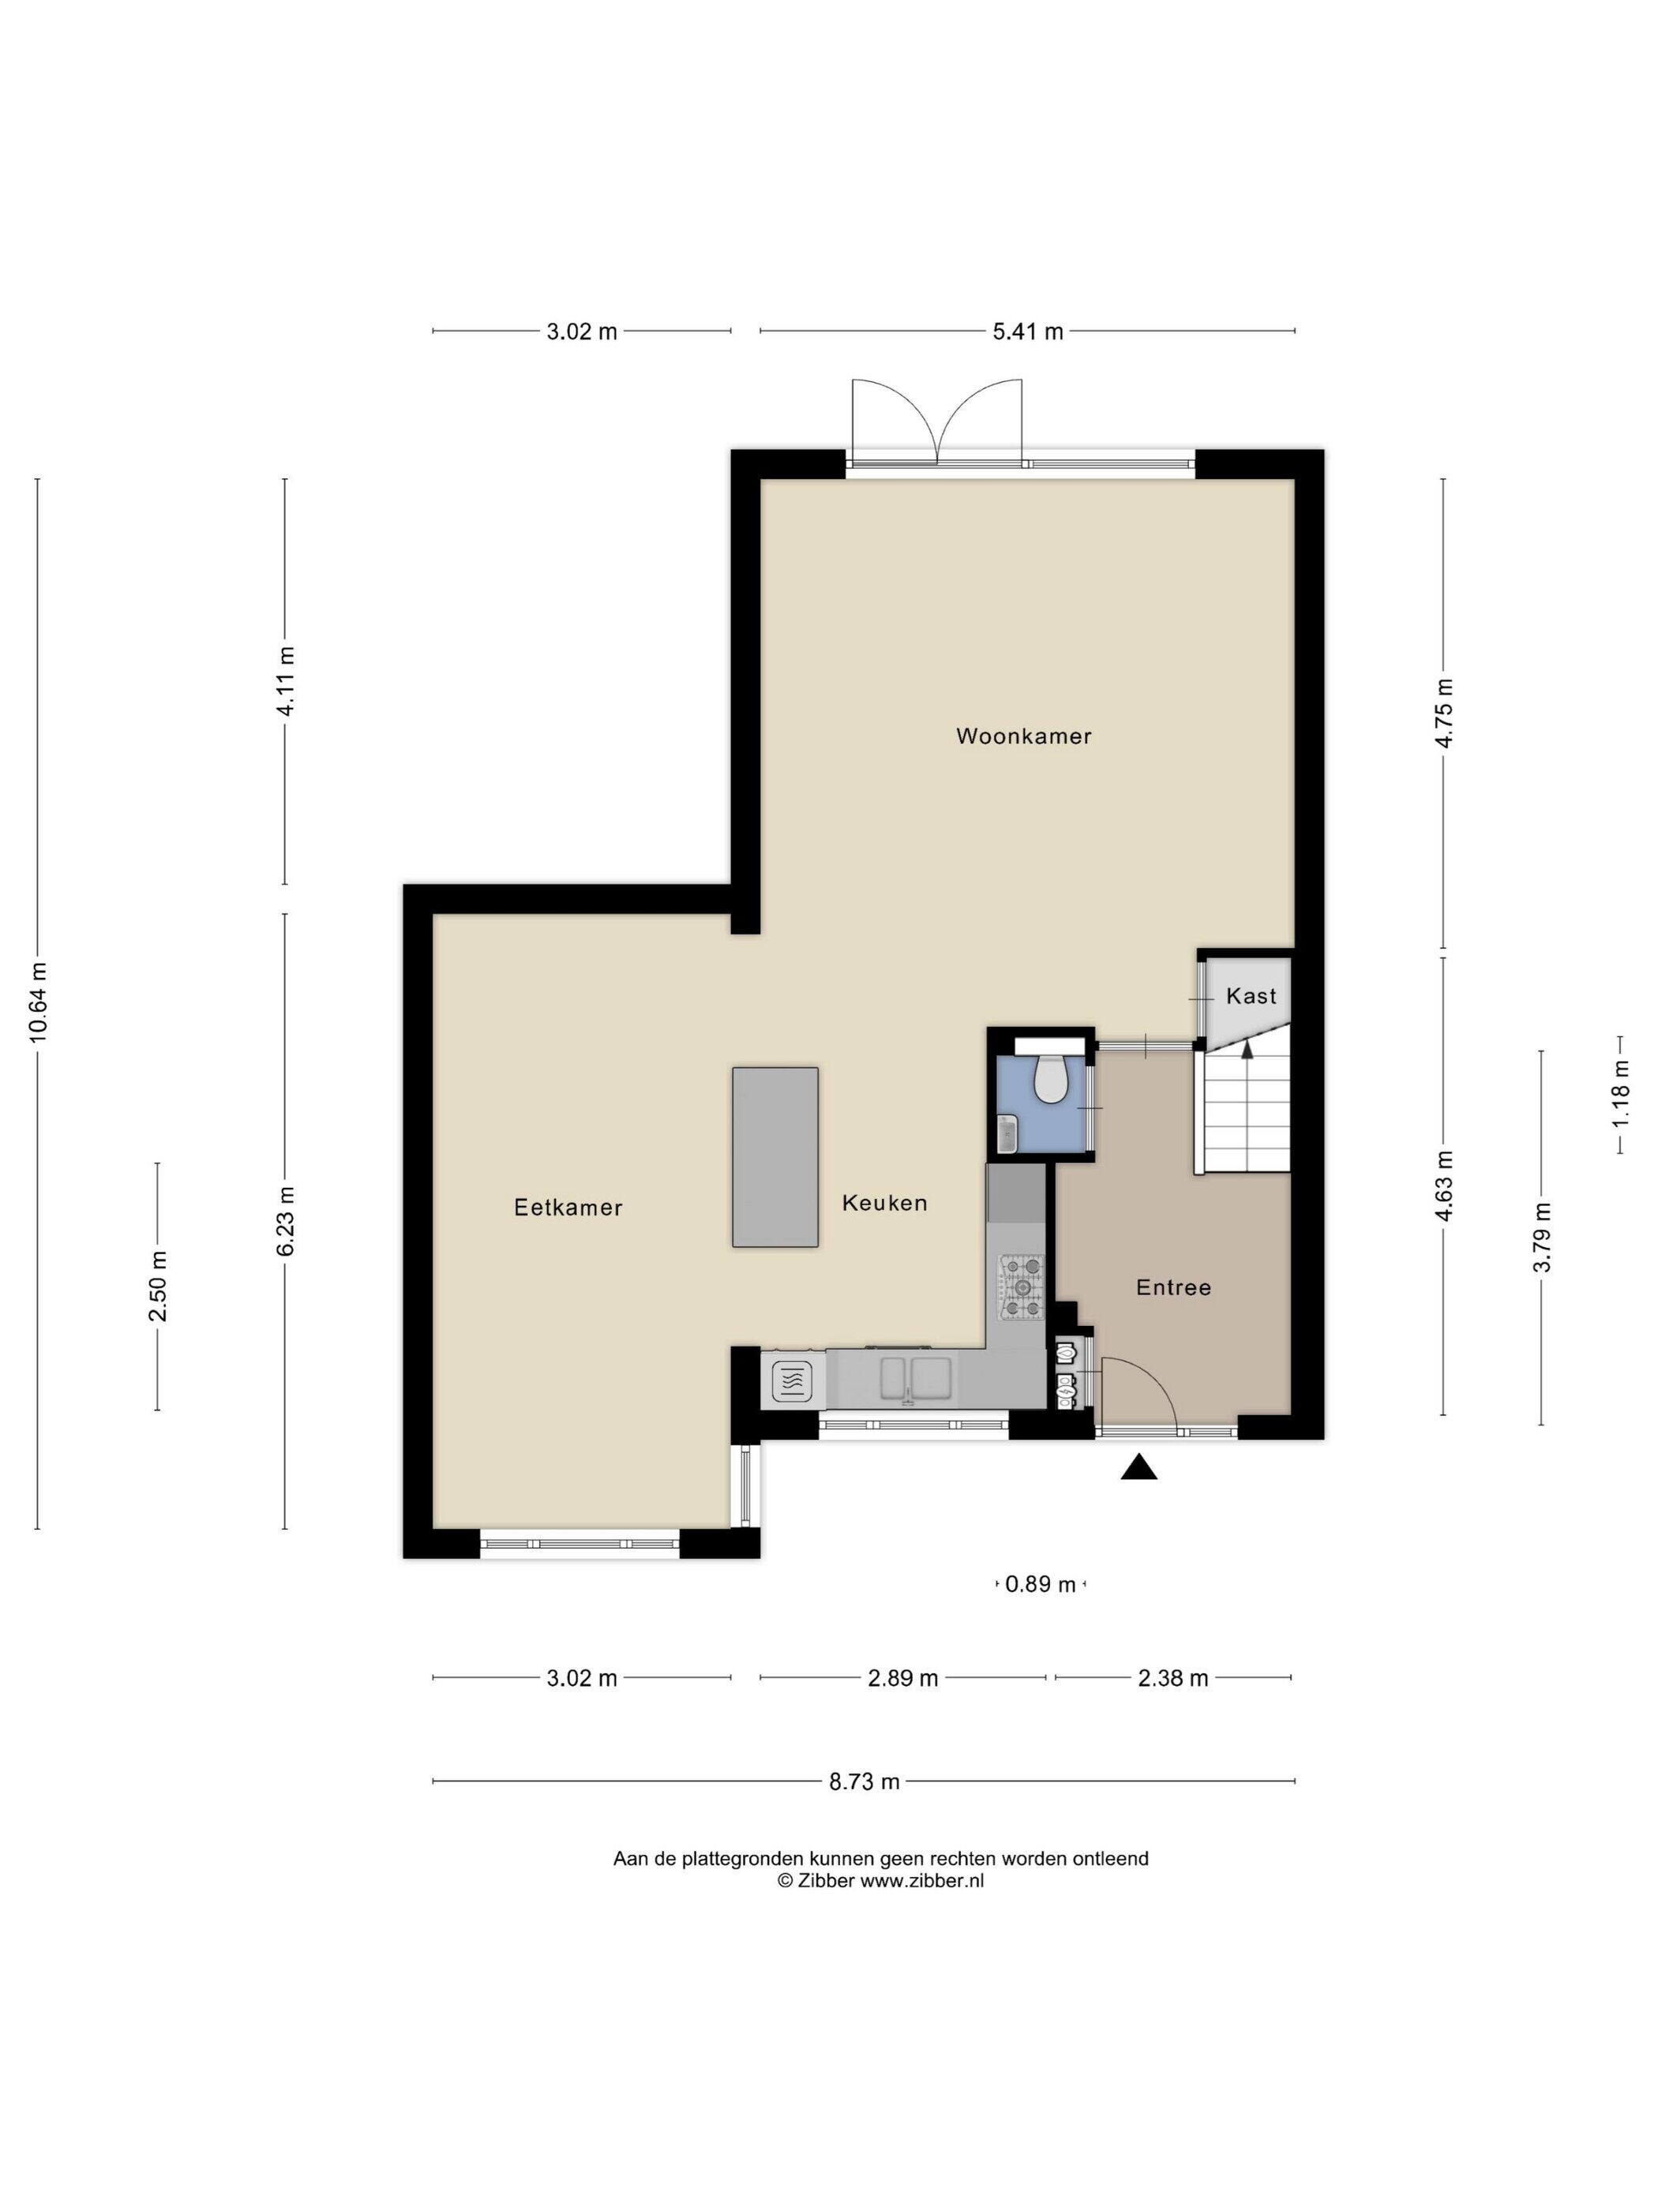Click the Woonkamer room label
(1023, 736)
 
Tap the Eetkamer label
(568, 1208)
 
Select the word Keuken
(884, 1203)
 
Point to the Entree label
(1173, 1288)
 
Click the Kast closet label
(1251, 996)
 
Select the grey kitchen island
(775, 1157)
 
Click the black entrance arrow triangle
(1138, 1466)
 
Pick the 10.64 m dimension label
(38, 1002)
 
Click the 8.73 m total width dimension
(865, 1781)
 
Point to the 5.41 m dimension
(1027, 331)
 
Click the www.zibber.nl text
(922, 1880)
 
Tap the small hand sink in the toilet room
(1008, 1135)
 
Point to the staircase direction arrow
(1246, 1048)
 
